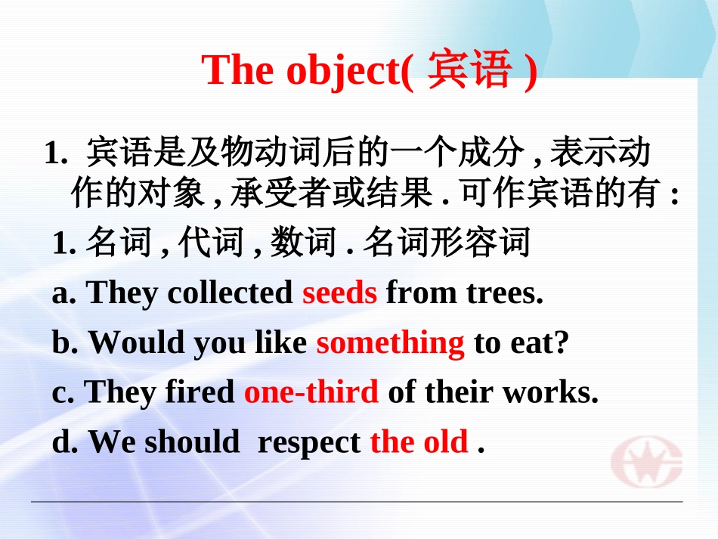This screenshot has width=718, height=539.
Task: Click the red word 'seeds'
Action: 339,293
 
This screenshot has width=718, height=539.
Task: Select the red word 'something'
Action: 390,343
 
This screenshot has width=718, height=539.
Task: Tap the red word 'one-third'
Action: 311,392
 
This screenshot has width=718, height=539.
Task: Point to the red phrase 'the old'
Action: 419,442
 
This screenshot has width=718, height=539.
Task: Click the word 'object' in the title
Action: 345,71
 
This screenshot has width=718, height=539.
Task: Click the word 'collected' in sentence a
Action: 230,293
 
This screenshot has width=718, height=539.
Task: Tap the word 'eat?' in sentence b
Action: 540,343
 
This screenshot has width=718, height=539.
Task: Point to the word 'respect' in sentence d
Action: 308,442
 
